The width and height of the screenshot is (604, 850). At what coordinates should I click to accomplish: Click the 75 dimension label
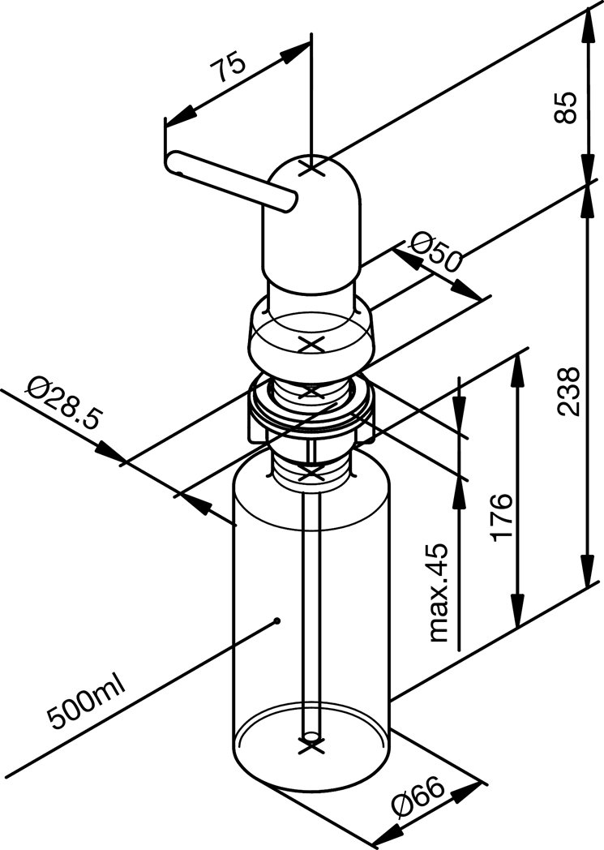(x=228, y=72)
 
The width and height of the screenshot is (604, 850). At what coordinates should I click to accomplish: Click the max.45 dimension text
(x=439, y=593)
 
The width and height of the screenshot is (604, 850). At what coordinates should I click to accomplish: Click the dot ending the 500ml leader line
(x=277, y=621)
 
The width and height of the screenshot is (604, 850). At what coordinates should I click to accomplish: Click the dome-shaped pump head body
(x=311, y=227)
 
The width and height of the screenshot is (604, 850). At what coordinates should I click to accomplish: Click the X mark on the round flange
(x=311, y=343)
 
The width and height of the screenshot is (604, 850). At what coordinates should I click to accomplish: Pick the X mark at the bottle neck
(x=310, y=470)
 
